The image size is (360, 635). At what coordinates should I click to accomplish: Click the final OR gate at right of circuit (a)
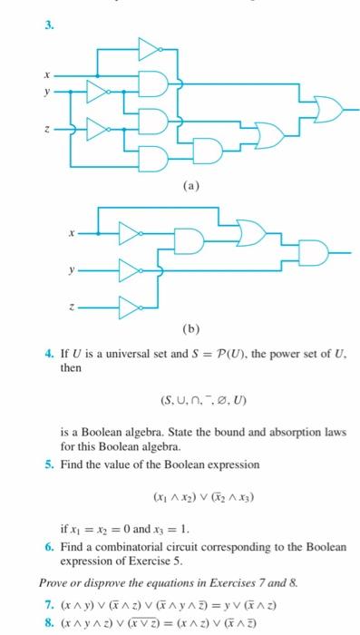pos(327,112)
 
